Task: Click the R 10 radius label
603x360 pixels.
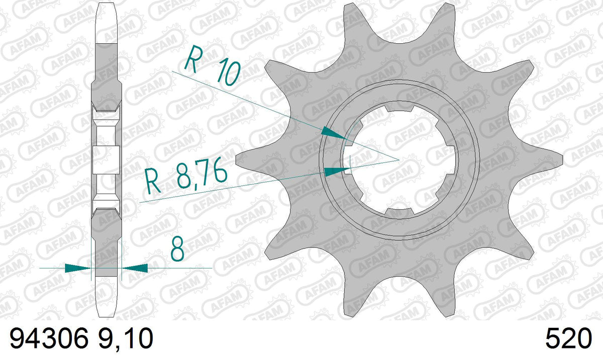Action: [x=213, y=65]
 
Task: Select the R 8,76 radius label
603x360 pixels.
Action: [x=186, y=175]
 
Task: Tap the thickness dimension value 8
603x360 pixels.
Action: [x=178, y=249]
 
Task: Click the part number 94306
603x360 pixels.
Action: [x=49, y=338]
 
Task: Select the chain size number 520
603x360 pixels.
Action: [x=568, y=338]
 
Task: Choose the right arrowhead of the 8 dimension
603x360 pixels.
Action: [x=135, y=268]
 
